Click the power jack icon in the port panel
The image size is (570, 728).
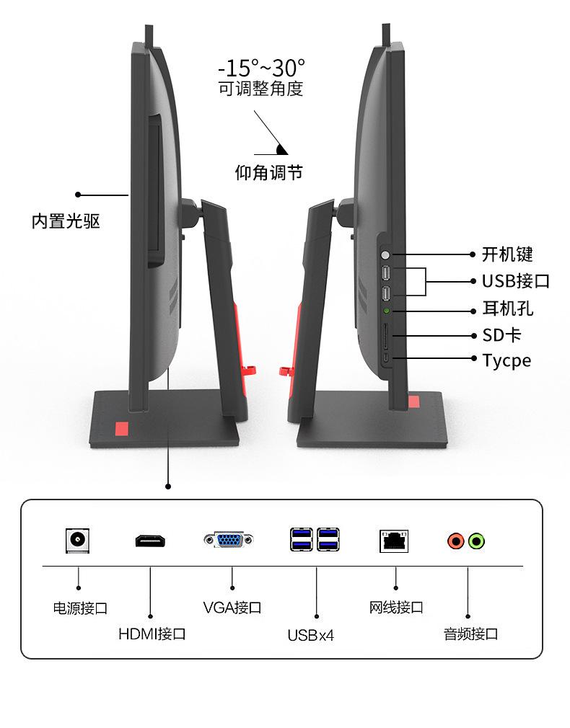[x=78, y=540]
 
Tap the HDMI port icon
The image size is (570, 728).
[x=151, y=540]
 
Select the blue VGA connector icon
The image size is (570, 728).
[x=229, y=539]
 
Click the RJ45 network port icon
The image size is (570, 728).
[x=394, y=540]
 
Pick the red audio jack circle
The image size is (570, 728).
[x=456, y=540]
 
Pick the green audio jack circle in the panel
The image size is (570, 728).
[x=475, y=540]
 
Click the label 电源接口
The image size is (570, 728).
[x=80, y=608]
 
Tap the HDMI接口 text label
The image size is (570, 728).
[x=152, y=634]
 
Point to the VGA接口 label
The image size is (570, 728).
[x=232, y=608]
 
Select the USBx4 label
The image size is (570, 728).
[x=311, y=635]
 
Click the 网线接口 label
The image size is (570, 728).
[x=396, y=607]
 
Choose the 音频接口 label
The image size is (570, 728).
[x=470, y=634]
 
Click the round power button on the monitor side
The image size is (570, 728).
[x=386, y=254]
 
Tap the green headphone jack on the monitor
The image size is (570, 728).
[x=387, y=311]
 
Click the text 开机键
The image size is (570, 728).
[x=507, y=254]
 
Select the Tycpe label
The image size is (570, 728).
[x=507, y=360]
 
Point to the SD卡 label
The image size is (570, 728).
[x=501, y=335]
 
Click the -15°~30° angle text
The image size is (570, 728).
[x=261, y=68]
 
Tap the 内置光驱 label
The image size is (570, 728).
[x=66, y=221]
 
